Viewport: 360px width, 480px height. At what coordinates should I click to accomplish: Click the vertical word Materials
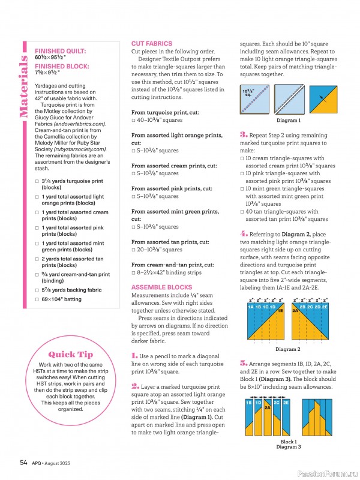(x=23, y=86)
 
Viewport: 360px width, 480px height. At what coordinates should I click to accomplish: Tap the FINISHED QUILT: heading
(x=61, y=51)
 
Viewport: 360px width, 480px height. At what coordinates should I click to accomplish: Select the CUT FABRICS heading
(x=152, y=43)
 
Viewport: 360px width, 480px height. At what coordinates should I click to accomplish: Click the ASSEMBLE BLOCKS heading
(x=161, y=287)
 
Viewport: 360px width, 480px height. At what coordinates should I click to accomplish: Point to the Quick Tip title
(x=70, y=354)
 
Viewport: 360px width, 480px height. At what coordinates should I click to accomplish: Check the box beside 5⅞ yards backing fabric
(x=37, y=290)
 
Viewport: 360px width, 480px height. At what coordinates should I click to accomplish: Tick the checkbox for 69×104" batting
(x=37, y=299)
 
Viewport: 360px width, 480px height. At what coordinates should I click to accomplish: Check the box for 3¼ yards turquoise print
(x=37, y=181)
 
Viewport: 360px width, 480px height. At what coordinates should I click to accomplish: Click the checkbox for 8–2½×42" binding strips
(x=133, y=273)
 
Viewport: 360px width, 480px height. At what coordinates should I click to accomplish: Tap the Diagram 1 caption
(x=289, y=121)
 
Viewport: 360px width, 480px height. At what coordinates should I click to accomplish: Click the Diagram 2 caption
(x=288, y=349)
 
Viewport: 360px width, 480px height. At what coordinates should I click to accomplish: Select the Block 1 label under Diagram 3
(x=289, y=442)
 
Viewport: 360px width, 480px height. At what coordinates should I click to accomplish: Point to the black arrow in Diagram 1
(x=323, y=99)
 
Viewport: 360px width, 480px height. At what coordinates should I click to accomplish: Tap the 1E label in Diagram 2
(x=280, y=311)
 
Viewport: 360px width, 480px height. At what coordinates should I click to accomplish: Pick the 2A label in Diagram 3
(x=268, y=407)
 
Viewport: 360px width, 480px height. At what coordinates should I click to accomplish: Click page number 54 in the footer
(x=23, y=463)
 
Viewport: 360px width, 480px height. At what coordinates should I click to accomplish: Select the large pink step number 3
(x=244, y=134)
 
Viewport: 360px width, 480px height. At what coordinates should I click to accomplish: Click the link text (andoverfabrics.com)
(x=80, y=124)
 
